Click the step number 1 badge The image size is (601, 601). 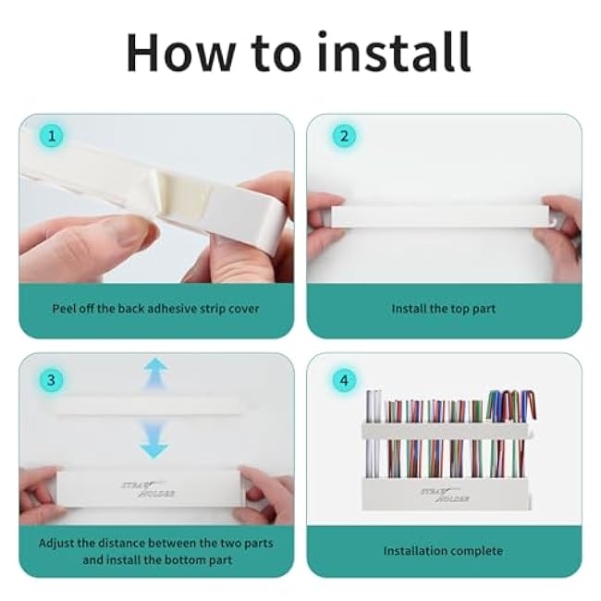(52, 136)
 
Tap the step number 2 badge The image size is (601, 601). (344, 136)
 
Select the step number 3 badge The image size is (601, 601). (52, 380)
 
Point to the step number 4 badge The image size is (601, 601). (344, 380)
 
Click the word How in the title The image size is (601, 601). (180, 53)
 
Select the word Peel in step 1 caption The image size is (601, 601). (64, 309)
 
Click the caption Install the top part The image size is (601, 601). (444, 309)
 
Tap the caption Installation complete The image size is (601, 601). (443, 551)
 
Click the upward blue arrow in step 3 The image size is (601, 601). (155, 373)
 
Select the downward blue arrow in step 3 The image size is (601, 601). (153, 439)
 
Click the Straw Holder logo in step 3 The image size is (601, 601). (148, 489)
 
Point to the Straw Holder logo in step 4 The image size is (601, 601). (446, 495)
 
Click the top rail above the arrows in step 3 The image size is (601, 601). (149, 406)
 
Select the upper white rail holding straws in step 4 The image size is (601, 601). (448, 431)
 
